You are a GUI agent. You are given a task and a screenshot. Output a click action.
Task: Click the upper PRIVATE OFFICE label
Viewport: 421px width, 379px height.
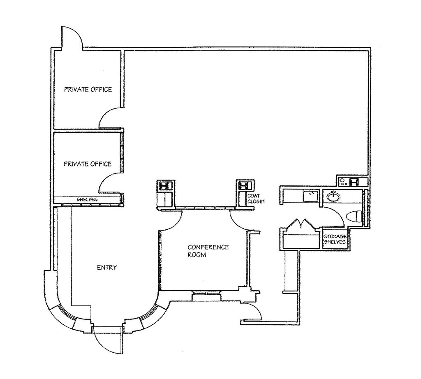click(88, 90)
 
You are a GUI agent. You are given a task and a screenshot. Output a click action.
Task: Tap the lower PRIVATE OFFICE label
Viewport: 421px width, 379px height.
click(88, 164)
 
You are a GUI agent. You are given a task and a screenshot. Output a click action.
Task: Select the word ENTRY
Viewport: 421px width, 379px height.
click(107, 268)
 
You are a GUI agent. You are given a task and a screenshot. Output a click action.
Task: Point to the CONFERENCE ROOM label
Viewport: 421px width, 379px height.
click(208, 251)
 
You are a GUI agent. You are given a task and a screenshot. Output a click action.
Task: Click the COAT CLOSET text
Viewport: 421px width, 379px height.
click(256, 199)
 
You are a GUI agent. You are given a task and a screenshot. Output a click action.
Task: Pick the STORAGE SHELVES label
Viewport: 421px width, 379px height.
click(335, 239)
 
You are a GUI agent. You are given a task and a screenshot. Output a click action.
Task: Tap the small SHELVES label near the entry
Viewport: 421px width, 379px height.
click(87, 199)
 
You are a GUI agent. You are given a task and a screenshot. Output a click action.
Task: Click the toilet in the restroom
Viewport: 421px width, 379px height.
click(355, 216)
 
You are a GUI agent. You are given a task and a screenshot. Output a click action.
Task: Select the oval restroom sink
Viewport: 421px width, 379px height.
click(334, 197)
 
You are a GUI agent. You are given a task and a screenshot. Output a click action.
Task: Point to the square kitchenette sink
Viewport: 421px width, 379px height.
click(309, 196)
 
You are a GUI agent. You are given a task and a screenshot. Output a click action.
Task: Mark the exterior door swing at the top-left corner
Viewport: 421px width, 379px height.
click(72, 38)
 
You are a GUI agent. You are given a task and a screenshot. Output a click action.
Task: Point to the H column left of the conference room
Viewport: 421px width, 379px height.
click(165, 185)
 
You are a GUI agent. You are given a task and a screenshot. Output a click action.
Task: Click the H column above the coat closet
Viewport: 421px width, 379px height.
click(243, 185)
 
